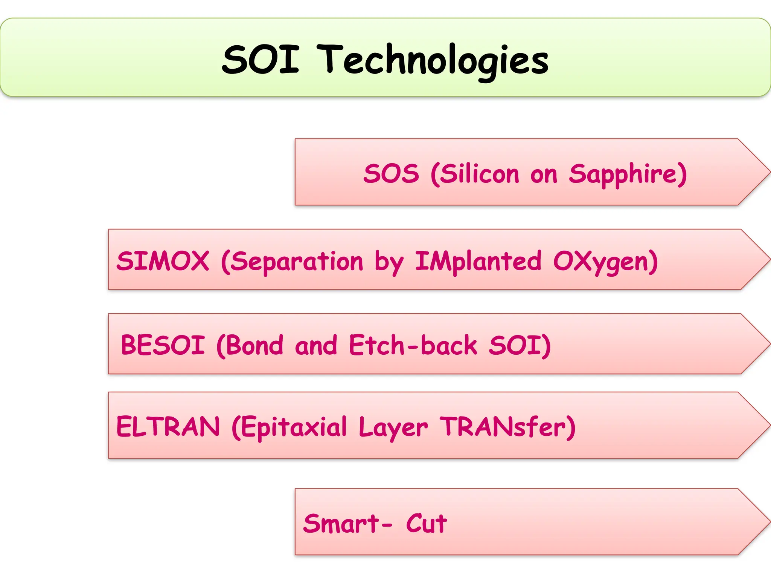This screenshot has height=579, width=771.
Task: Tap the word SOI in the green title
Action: tap(261, 60)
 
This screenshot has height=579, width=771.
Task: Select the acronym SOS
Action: tap(391, 174)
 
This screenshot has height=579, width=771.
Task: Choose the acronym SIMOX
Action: tap(163, 261)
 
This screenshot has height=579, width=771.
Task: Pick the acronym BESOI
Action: tap(163, 345)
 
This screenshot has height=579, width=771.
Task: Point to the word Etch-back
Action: tap(413, 345)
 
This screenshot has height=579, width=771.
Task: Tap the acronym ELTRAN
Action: tap(168, 427)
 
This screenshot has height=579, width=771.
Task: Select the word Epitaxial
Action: tap(290, 427)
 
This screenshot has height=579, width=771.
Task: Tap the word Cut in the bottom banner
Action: tap(426, 524)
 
